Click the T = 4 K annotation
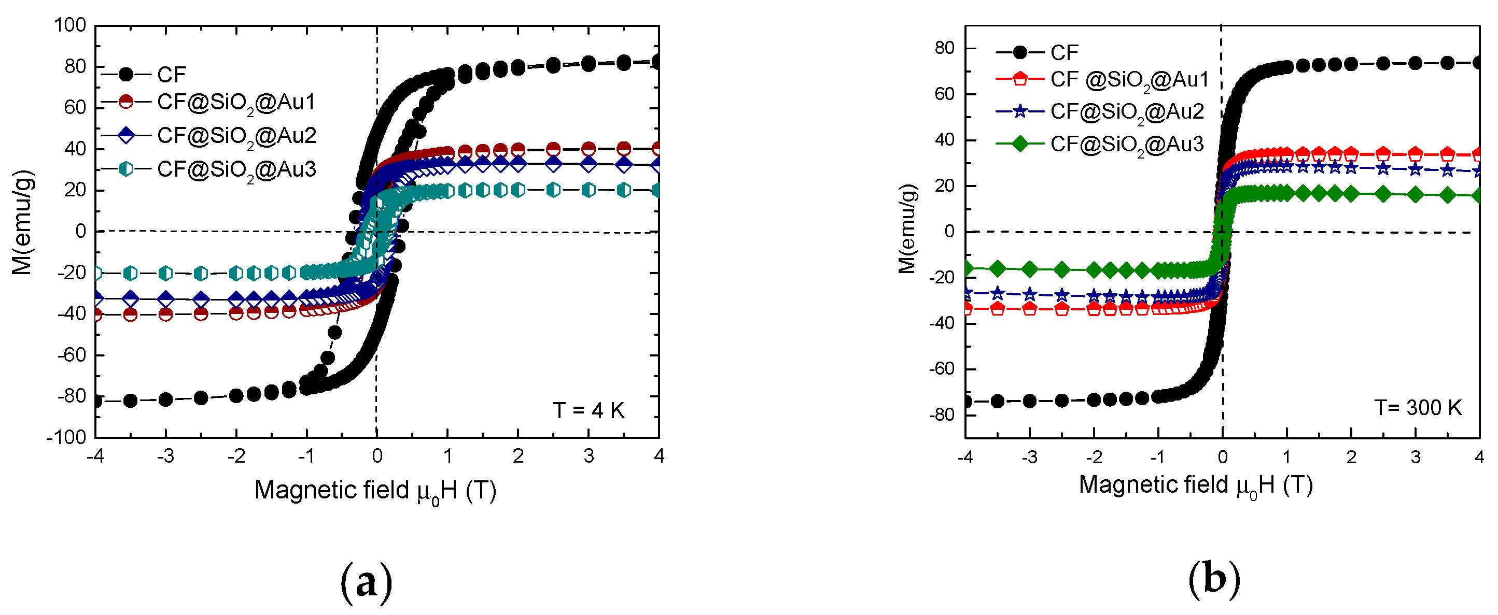[589, 411]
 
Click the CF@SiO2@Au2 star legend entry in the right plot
[1126, 111]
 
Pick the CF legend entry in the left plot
[171, 75]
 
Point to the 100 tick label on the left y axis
[70, 25]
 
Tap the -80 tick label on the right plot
[942, 415]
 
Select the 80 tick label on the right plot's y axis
[944, 48]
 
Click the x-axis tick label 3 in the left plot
[589, 456]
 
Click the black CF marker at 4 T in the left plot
[657, 62]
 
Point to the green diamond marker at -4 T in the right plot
[967, 268]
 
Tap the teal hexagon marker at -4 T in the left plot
[96, 273]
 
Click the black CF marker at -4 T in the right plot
[967, 401]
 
